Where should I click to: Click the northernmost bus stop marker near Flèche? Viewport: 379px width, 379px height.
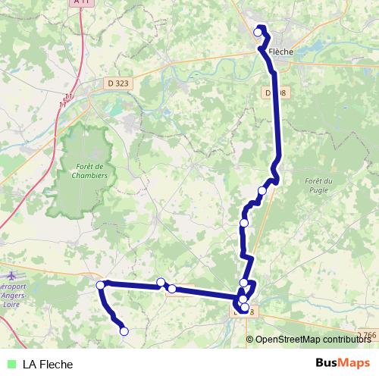pos(258,32)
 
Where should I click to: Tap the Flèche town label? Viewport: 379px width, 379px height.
pos(280,52)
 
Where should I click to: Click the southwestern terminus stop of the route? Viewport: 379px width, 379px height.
pos(124,331)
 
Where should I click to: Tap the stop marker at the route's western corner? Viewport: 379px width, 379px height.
pos(101,285)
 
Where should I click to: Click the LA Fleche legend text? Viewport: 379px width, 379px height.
pos(52,364)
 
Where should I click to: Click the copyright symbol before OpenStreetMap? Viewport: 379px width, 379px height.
pos(251,340)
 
